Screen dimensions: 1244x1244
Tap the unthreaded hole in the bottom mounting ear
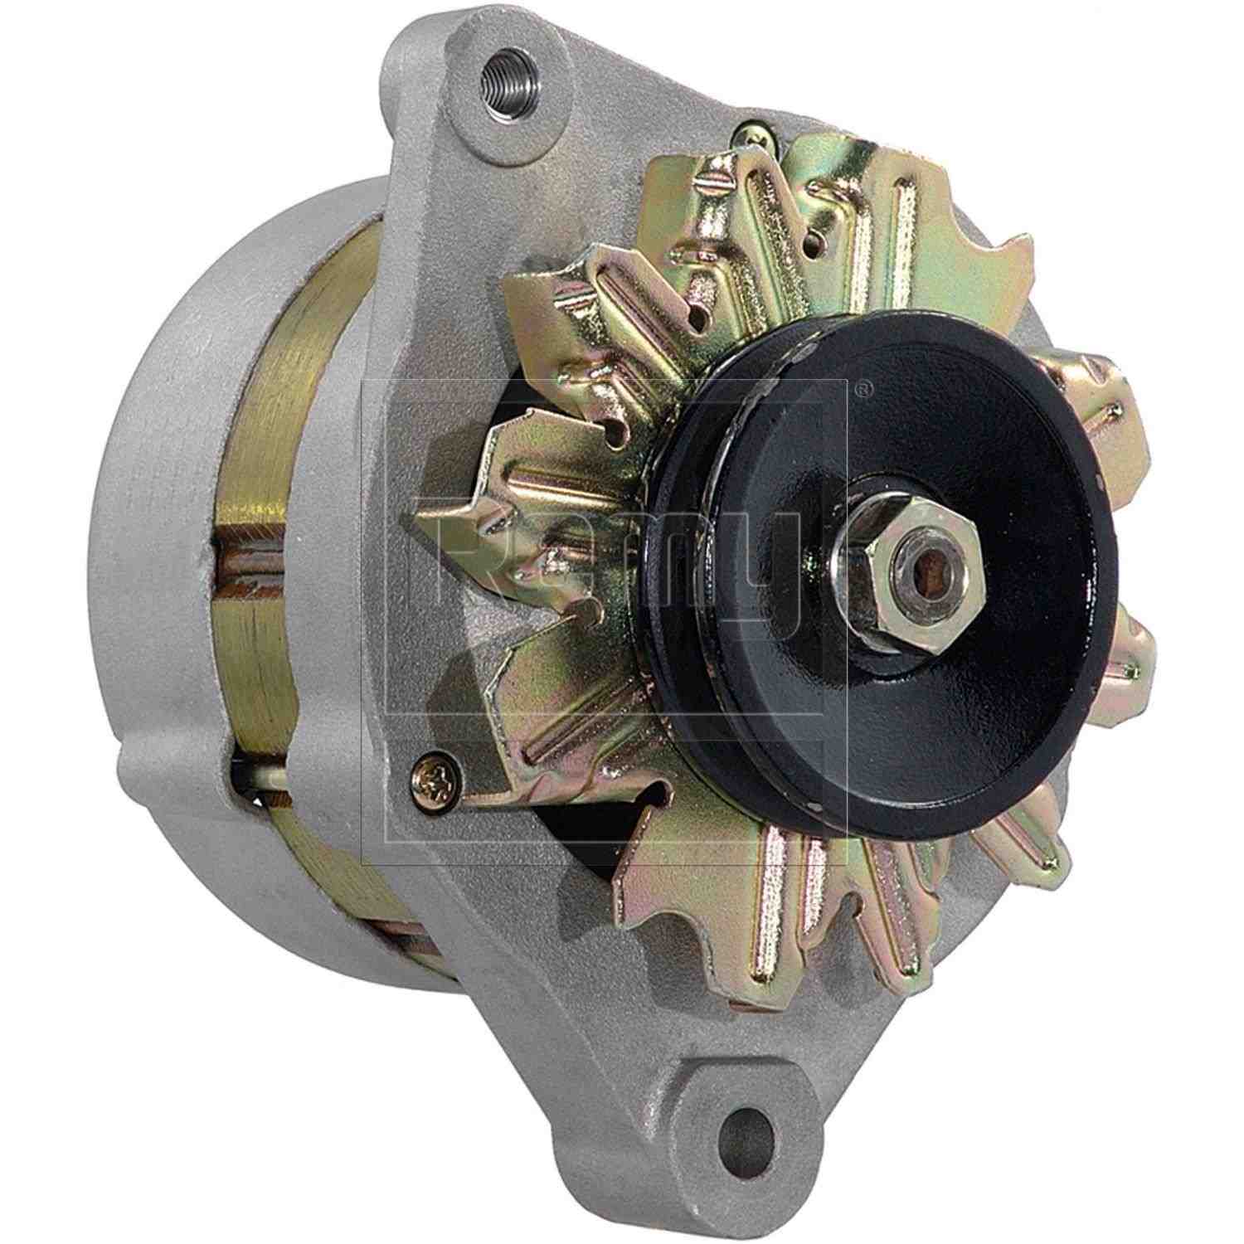click(743, 1134)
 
